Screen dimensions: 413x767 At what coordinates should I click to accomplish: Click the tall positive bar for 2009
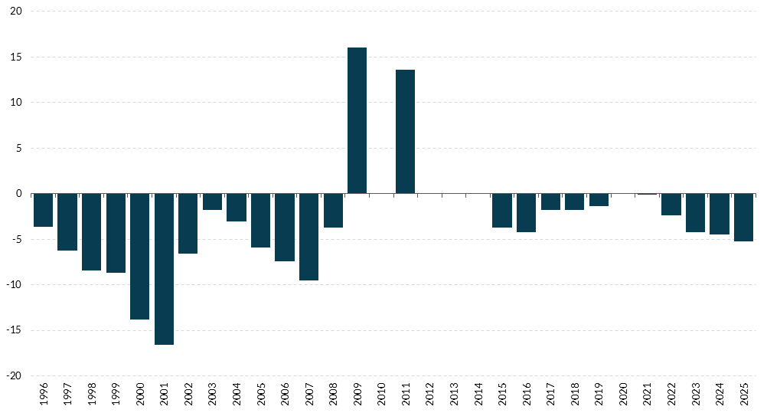coord(357,120)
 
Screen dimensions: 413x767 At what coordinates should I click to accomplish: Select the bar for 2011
coord(406,132)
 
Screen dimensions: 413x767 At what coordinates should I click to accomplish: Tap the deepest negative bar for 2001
coord(164,269)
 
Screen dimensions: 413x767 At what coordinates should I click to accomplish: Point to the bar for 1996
coord(43,210)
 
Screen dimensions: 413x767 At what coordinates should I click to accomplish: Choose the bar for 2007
coord(308,237)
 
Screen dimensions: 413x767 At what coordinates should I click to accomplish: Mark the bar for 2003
coord(212,202)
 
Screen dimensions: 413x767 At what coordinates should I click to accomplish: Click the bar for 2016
coord(527,212)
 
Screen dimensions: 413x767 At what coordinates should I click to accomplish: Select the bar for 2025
coord(744,217)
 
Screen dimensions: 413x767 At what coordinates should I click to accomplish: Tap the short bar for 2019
coord(599,200)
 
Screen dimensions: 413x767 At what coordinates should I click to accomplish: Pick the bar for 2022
coord(671,205)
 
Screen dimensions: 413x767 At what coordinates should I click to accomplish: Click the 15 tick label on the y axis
coord(16,57)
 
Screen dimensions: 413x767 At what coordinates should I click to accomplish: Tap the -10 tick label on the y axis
coord(15,285)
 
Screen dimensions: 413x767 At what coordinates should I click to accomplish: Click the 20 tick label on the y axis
coord(16,11)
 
